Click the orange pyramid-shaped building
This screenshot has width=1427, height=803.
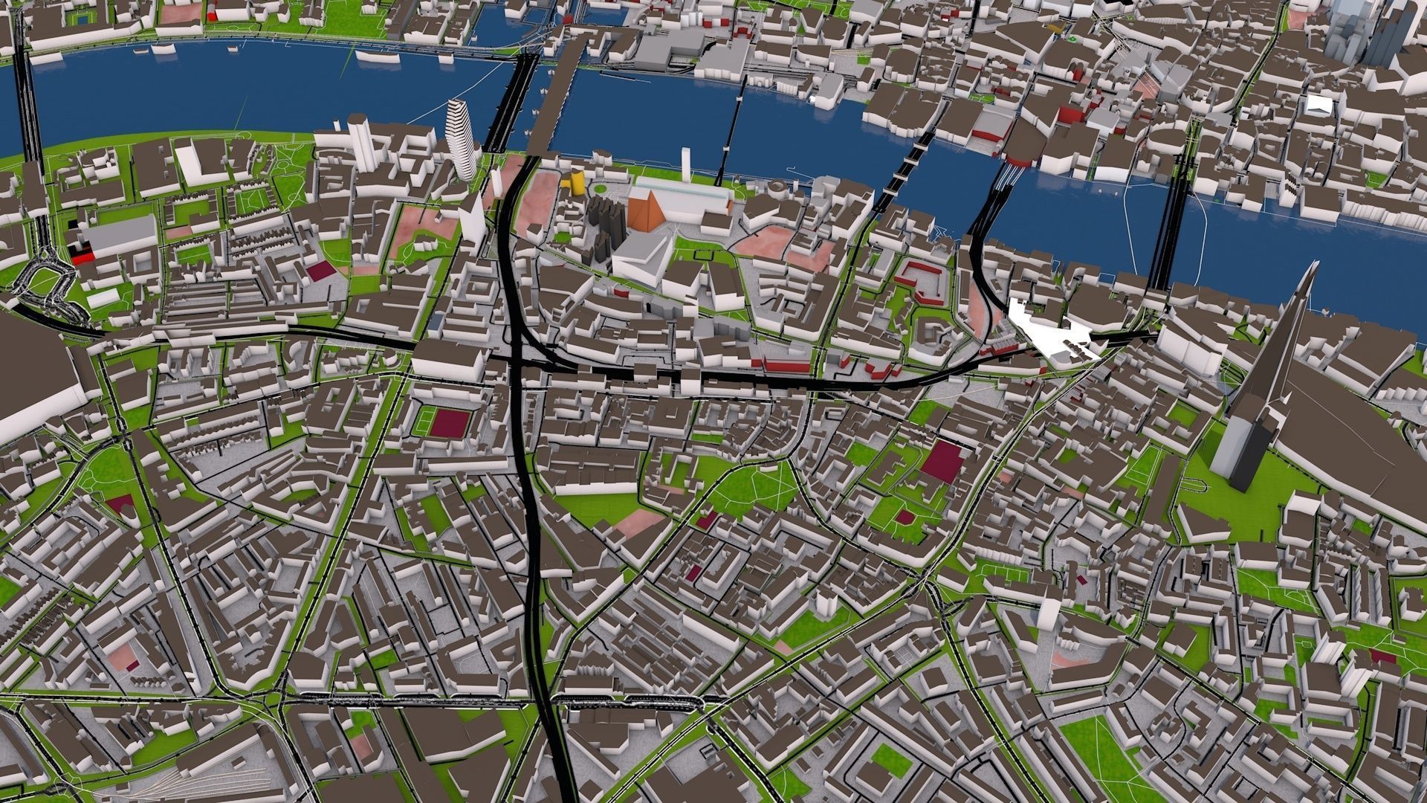pos(645,211)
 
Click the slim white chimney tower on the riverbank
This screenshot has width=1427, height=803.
pos(686,165)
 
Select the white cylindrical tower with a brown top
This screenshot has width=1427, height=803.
pos(358,141)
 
